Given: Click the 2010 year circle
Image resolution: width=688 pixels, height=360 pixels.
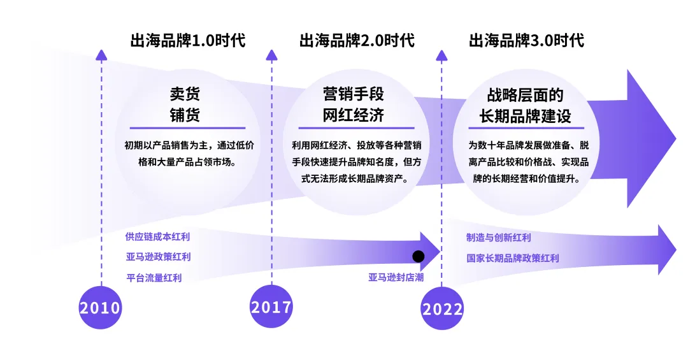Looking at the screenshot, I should click(x=100, y=308).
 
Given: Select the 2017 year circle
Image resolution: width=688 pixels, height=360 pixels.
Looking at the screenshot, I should click(x=271, y=307).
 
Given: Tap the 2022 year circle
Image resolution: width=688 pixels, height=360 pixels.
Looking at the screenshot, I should click(x=442, y=309).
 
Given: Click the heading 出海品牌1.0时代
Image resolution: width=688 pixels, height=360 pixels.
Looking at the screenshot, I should click(x=188, y=41).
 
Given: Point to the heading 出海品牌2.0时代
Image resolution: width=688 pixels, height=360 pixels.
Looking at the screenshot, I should click(x=357, y=41).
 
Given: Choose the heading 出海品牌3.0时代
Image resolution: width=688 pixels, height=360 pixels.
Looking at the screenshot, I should click(x=526, y=41).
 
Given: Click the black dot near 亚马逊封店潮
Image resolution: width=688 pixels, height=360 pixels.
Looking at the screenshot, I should click(x=418, y=256).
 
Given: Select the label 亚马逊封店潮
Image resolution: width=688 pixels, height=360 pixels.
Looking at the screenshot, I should click(x=396, y=277).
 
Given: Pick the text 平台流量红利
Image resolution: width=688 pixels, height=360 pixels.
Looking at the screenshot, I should click(x=154, y=278).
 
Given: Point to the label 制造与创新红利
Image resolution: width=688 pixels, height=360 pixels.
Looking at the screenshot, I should click(x=498, y=238).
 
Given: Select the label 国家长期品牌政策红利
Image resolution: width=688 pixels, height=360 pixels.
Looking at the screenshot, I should click(x=512, y=258).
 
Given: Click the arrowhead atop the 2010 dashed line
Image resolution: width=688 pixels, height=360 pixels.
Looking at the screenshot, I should click(x=101, y=55).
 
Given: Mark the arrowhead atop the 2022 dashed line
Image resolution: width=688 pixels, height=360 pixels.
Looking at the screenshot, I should click(x=441, y=55).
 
